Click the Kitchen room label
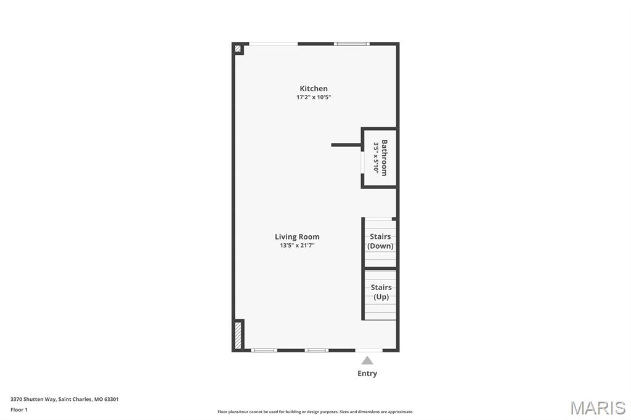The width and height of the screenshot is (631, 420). point(314,89)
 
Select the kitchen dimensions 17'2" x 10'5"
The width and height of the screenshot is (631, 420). point(314,97)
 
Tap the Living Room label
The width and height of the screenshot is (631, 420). point(297,236)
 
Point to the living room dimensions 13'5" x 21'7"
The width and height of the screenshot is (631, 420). point(297,246)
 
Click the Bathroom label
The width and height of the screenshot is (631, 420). point(385,158)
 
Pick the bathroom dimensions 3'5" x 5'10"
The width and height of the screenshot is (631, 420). point(376,158)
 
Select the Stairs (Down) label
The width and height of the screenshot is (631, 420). point(380,241)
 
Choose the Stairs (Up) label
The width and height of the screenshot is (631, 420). point(381,292)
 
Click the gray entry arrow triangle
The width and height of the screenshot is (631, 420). point(367,360)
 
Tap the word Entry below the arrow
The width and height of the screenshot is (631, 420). point(367,373)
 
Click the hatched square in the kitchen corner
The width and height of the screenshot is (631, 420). point(238,49)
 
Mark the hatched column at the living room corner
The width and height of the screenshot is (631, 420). point(238,335)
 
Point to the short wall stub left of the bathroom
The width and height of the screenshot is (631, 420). point(346,145)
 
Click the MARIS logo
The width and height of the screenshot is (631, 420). point(597,408)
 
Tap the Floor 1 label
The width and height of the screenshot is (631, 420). point(19,410)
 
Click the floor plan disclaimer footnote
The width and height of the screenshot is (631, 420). point(315,412)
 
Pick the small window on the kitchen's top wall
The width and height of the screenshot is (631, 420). point(352,44)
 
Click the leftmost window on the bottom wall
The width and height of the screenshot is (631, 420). point(264,350)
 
